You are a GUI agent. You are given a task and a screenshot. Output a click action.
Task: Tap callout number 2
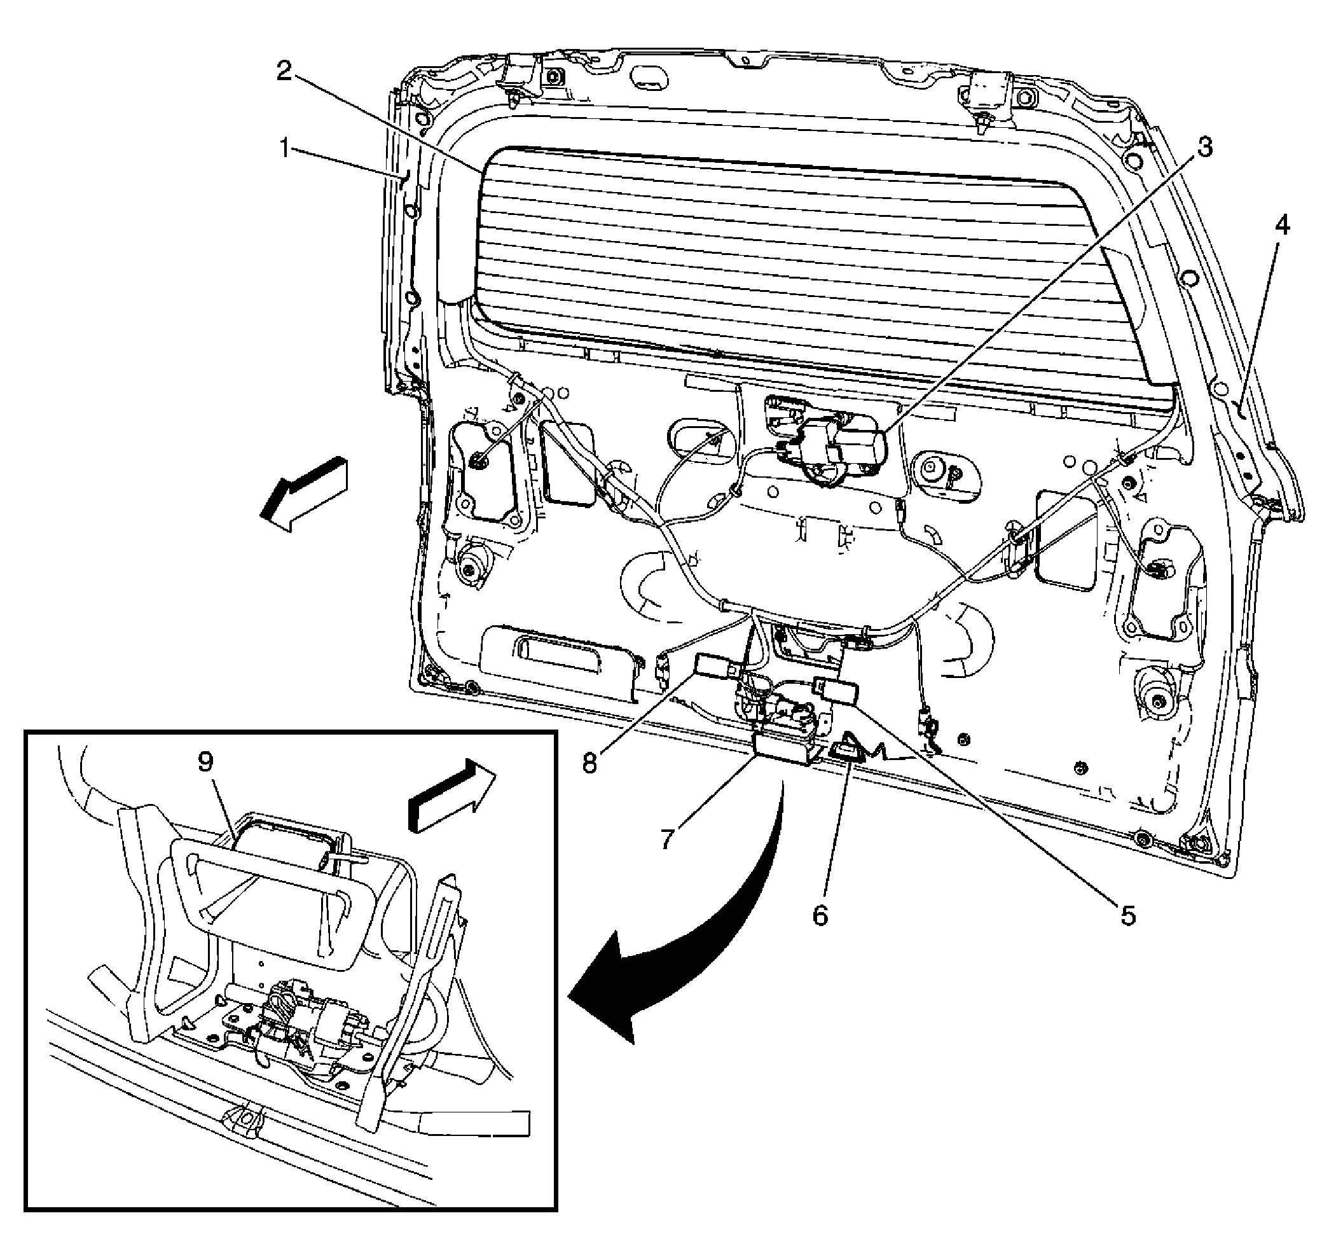click(286, 71)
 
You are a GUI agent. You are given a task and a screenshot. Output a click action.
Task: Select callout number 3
click(1206, 147)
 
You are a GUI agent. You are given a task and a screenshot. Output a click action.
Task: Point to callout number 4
click(1281, 226)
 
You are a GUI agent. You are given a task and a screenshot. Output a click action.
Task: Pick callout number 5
click(1127, 914)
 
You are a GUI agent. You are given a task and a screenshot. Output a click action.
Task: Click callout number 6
click(821, 915)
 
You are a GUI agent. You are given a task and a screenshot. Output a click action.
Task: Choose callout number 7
click(666, 839)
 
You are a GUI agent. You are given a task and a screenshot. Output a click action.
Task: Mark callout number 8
click(589, 763)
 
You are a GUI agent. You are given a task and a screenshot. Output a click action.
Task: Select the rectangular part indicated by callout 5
click(836, 691)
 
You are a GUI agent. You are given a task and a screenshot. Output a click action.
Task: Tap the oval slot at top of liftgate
click(649, 76)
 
